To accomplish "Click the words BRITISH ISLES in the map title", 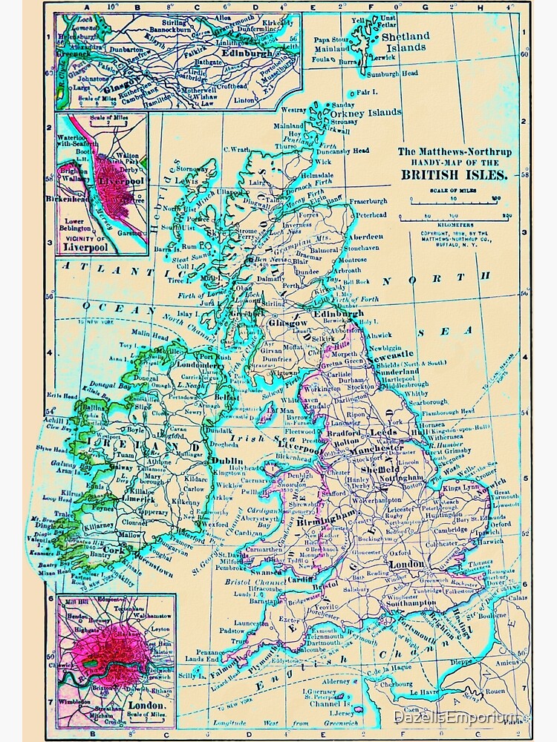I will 454,175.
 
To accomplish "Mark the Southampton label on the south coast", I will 408,603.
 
